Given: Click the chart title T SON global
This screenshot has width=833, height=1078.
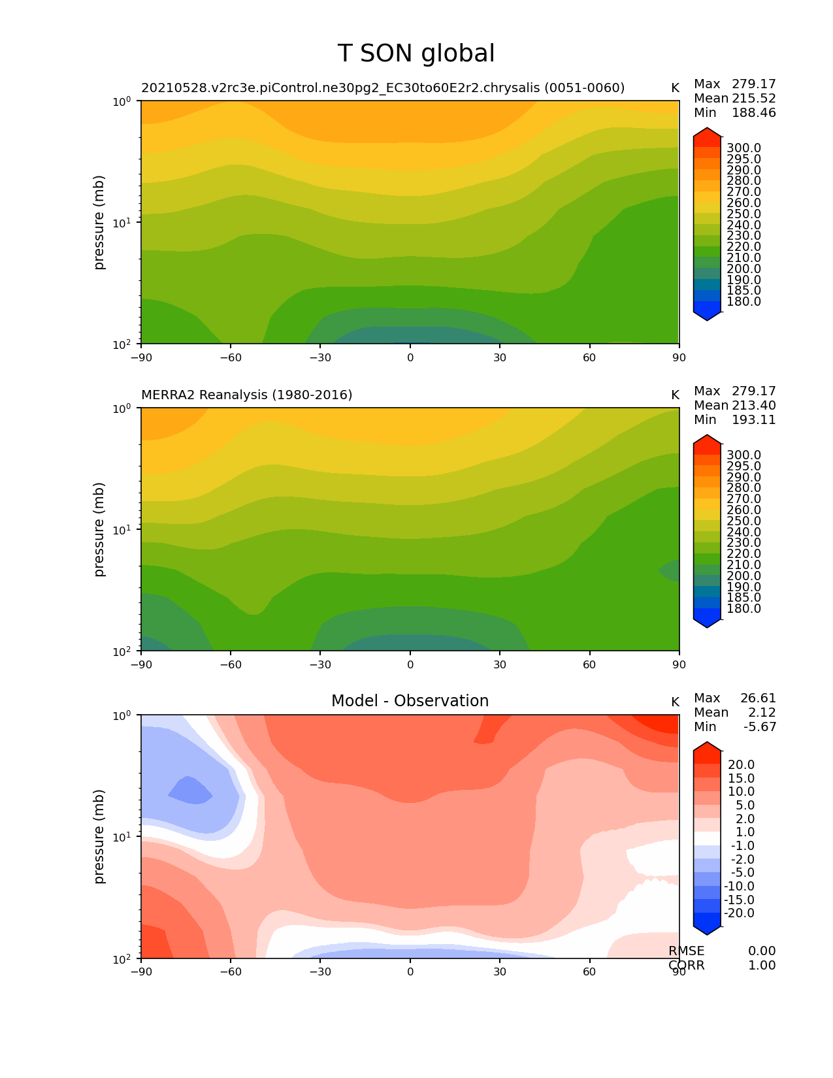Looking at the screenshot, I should tap(416, 54).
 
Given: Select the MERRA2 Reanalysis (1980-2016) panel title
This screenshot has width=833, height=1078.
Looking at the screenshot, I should tap(247, 395).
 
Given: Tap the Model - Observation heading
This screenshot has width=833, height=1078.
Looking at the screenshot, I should tap(410, 701).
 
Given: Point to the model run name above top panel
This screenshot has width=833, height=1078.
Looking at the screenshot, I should tap(383, 88).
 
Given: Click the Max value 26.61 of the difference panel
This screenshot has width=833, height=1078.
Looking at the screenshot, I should tap(758, 698).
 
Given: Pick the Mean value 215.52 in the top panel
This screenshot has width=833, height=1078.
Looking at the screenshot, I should tap(754, 98).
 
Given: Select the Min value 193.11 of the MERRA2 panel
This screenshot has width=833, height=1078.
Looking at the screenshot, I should tap(754, 419).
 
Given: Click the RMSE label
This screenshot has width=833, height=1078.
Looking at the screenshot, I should tap(687, 951).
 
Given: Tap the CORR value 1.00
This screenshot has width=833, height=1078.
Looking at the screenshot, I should tap(762, 965).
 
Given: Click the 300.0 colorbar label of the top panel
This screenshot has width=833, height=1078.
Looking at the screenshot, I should tap(743, 148).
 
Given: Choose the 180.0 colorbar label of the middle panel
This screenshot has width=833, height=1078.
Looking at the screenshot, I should tap(743, 609).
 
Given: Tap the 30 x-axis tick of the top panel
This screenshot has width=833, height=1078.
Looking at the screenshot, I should tap(500, 357).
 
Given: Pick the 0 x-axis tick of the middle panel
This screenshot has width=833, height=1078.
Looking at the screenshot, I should tap(410, 664).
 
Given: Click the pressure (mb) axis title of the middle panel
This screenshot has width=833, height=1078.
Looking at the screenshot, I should tap(99, 529).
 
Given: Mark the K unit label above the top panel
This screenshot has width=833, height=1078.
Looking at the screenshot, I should tap(676, 88).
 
